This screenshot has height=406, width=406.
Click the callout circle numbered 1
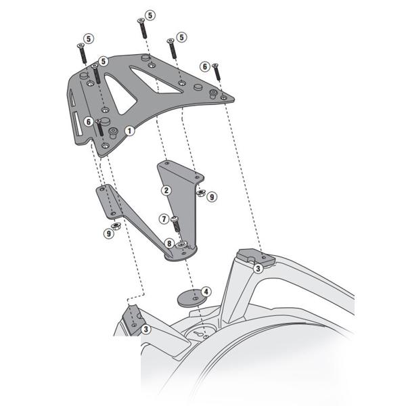[x=129, y=129]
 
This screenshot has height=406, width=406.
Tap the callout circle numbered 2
[x=165, y=190]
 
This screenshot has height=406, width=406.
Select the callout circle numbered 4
[x=206, y=292]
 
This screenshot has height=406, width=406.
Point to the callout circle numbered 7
[x=163, y=219]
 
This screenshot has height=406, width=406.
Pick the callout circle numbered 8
[x=168, y=243]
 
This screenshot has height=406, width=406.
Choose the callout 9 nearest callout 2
[x=212, y=197]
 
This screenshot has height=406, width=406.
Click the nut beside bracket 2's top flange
[x=200, y=193]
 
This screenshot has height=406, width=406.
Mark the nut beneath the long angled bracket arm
[x=116, y=225]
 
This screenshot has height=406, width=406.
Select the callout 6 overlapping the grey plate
[x=88, y=121]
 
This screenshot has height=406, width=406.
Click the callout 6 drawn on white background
[x=204, y=66]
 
